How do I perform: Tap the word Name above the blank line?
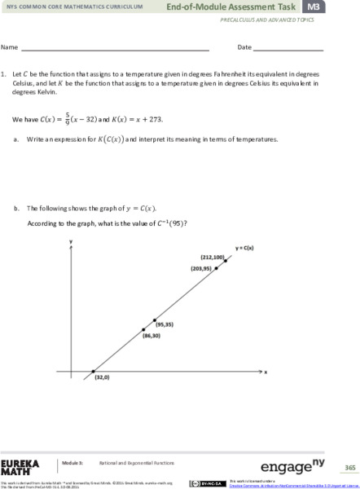click(x=10, y=47)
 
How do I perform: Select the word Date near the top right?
click(x=244, y=47)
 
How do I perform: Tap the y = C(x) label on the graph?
click(x=245, y=247)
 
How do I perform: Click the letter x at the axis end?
click(x=266, y=371)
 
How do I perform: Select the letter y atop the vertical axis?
click(x=72, y=242)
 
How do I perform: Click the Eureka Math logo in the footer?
click(x=20, y=466)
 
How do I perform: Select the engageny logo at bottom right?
click(x=287, y=467)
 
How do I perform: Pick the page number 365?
click(x=349, y=468)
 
